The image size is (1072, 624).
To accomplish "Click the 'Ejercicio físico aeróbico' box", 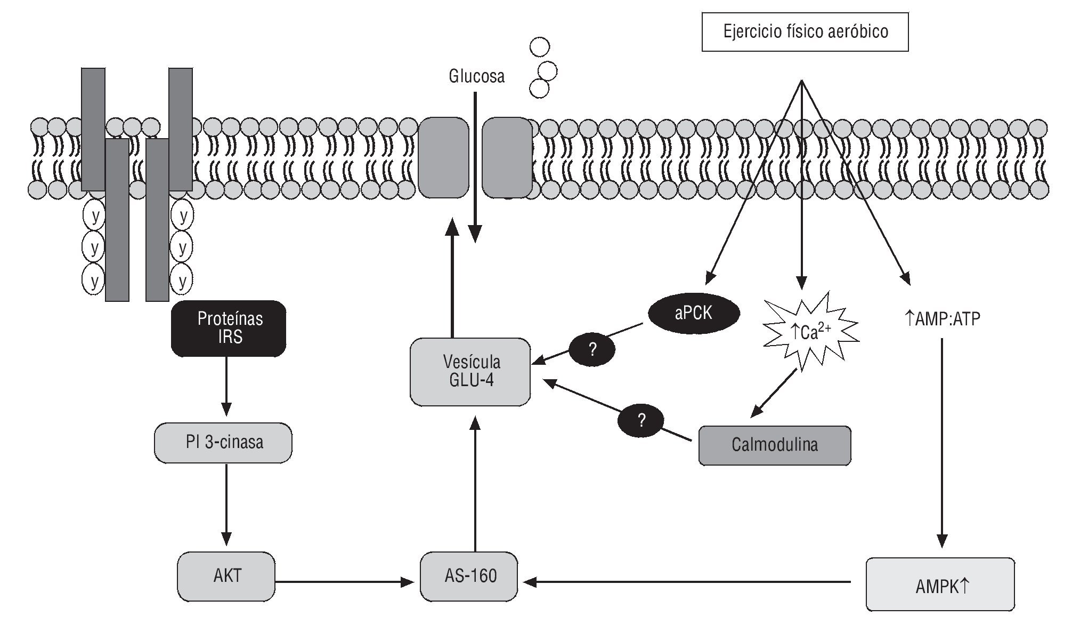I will click(805, 32).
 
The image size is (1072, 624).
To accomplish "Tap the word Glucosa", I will click(476, 76).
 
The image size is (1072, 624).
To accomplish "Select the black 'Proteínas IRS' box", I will click(229, 328).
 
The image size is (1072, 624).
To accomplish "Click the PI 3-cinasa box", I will click(223, 443).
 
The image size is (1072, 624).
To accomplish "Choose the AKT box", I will click(226, 576).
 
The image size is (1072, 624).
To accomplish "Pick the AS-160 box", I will click(469, 577).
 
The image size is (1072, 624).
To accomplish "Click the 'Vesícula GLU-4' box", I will click(470, 372).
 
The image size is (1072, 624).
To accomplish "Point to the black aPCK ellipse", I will click(693, 313).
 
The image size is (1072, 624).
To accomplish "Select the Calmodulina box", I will click(775, 445).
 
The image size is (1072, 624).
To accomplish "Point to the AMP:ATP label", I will click(943, 319).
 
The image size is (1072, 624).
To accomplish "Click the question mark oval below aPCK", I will click(592, 350).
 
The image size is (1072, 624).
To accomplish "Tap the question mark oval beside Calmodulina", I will click(641, 421).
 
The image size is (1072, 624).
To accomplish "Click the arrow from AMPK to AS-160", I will click(687, 582).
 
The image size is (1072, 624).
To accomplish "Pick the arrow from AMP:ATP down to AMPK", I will click(942, 443).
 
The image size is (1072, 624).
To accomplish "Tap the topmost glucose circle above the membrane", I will click(539, 47).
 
